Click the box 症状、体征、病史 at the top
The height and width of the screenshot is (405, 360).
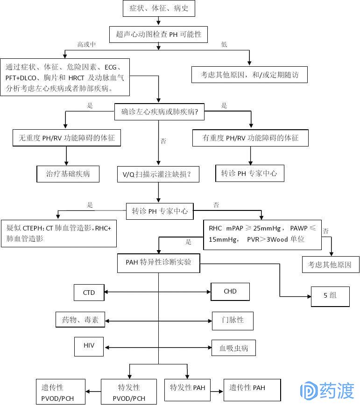158,8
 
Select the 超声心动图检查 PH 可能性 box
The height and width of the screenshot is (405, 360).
159,34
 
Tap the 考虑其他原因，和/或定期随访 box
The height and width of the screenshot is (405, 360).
249,75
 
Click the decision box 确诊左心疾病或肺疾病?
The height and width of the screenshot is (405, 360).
160,112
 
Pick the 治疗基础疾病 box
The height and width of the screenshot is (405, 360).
68,174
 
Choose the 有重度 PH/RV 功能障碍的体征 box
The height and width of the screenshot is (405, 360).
250,138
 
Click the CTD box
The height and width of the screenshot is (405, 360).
89,293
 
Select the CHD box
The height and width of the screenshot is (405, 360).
230,292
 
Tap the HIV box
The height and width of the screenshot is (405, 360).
89,346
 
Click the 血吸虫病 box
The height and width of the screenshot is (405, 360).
234,348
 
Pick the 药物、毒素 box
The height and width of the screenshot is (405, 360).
80,321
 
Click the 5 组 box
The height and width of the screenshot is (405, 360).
330,295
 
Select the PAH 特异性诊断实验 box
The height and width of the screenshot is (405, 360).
158,263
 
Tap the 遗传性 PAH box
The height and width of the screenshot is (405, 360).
252,388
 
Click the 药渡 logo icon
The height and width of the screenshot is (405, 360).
309,391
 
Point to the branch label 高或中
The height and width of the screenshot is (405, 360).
86,44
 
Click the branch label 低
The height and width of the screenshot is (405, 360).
224,44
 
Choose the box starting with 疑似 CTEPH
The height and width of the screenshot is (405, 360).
59,233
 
